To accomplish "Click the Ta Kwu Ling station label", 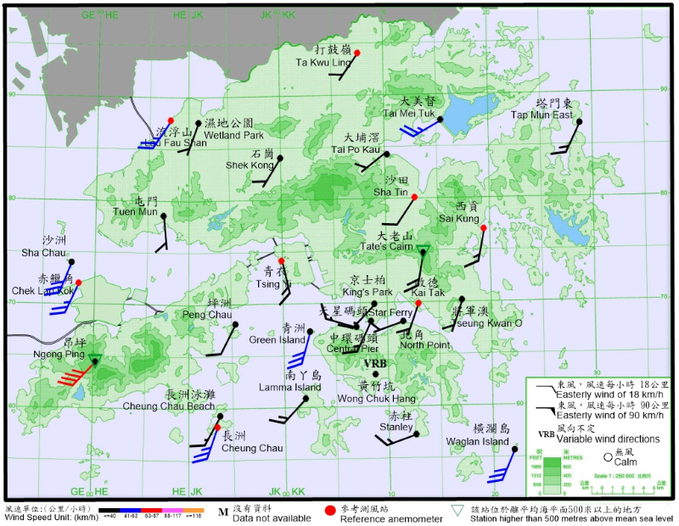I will pos(323,62).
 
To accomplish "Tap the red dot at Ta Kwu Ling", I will pos(357,53).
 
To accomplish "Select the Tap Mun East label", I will pos(542,115).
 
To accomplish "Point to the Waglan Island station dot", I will pos(515,447).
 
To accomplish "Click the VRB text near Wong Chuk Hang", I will pos(374,364).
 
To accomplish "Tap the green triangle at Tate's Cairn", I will pos(423,249).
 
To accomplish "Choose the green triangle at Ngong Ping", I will pos(95,359).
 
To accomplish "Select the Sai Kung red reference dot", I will pos(483,227).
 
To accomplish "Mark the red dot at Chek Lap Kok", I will pos(78,283).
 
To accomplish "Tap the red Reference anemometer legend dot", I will pos(329,511).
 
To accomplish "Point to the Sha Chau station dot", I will pos(72,262).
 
